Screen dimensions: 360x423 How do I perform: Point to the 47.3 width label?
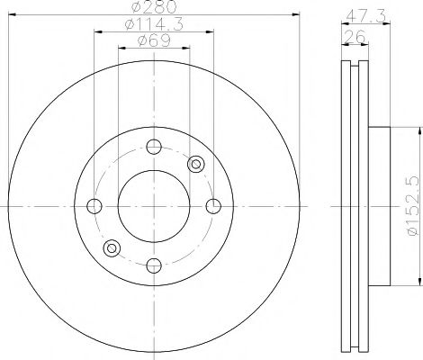click(x=364, y=15)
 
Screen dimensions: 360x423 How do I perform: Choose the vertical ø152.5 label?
click(x=411, y=207)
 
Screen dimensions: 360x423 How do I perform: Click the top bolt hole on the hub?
click(x=153, y=148)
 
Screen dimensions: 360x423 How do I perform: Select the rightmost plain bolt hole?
click(x=212, y=206)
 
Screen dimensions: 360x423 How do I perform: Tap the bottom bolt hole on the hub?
click(x=153, y=264)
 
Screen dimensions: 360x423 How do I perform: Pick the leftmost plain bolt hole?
click(x=94, y=206)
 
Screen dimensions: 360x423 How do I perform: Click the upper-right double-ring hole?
click(x=196, y=164)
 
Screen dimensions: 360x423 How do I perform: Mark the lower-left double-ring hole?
click(x=111, y=248)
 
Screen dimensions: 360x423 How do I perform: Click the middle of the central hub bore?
click(x=153, y=206)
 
